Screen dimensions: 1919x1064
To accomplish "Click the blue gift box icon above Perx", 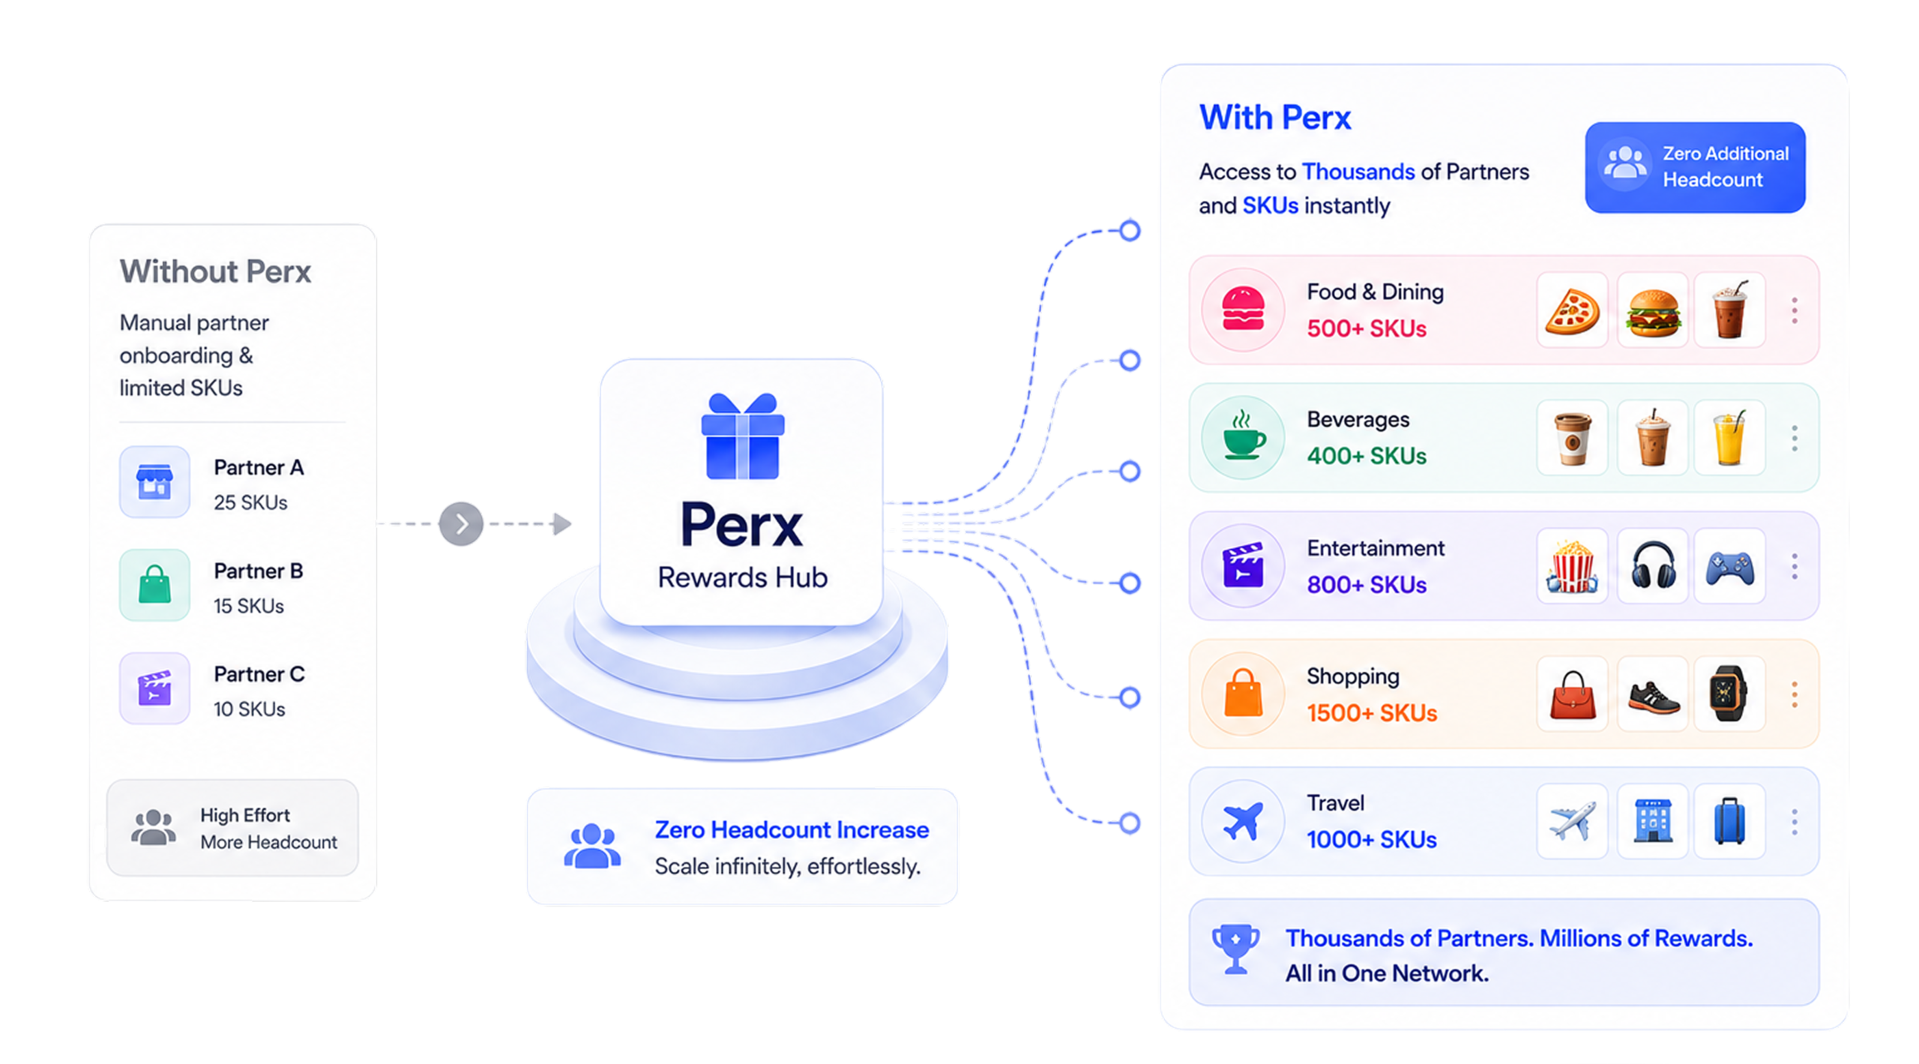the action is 742,436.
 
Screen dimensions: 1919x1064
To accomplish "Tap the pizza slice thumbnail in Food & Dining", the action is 1572,310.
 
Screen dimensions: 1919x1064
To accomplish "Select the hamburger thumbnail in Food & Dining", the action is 1652,310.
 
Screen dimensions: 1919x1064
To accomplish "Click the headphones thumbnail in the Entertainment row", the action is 1652,566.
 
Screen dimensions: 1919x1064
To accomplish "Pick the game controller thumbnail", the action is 1729,566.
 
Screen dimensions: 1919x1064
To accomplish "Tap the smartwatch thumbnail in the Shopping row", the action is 1729,694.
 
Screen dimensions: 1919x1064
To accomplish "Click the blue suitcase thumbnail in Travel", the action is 1729,821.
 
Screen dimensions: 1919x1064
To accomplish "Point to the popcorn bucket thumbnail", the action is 1572,566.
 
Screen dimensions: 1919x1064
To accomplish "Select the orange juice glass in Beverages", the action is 1729,438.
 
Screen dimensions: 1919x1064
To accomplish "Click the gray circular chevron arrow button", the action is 461,523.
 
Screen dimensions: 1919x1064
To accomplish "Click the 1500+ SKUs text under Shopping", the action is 1372,712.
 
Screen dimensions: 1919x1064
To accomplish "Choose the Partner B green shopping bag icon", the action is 154,585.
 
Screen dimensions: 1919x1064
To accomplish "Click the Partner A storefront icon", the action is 154,482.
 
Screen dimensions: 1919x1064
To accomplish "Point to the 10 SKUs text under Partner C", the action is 250,709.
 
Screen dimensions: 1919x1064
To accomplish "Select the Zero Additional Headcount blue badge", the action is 1695,167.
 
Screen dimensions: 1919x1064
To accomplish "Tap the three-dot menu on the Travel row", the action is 1795,822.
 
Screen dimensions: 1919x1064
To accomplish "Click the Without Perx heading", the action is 215,271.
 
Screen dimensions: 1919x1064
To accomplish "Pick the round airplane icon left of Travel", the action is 1243,821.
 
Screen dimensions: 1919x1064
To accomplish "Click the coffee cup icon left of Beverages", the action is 1243,438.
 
